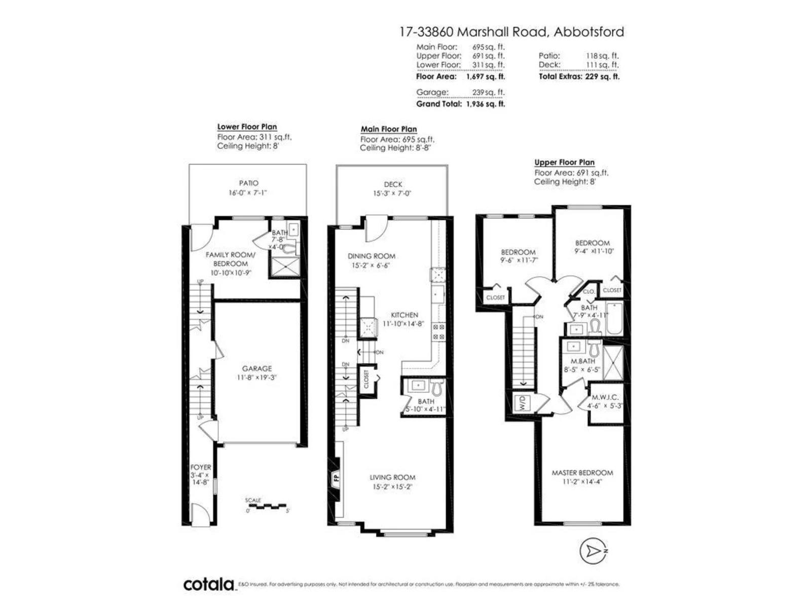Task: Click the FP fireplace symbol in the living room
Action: click(336, 477)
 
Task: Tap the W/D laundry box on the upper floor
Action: click(521, 404)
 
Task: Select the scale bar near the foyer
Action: click(268, 506)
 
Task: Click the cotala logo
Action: click(209, 584)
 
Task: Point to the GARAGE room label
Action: click(256, 368)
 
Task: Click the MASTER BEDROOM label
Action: click(582, 472)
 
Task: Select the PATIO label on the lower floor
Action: click(248, 183)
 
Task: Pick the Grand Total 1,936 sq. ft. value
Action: click(485, 104)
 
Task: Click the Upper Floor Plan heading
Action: click(564, 162)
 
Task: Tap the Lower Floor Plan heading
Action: click(247, 127)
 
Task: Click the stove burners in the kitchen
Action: click(438, 332)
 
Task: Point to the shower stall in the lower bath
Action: click(284, 267)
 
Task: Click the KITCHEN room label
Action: click(404, 315)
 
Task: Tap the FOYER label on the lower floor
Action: click(201, 467)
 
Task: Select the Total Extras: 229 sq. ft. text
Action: click(578, 77)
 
